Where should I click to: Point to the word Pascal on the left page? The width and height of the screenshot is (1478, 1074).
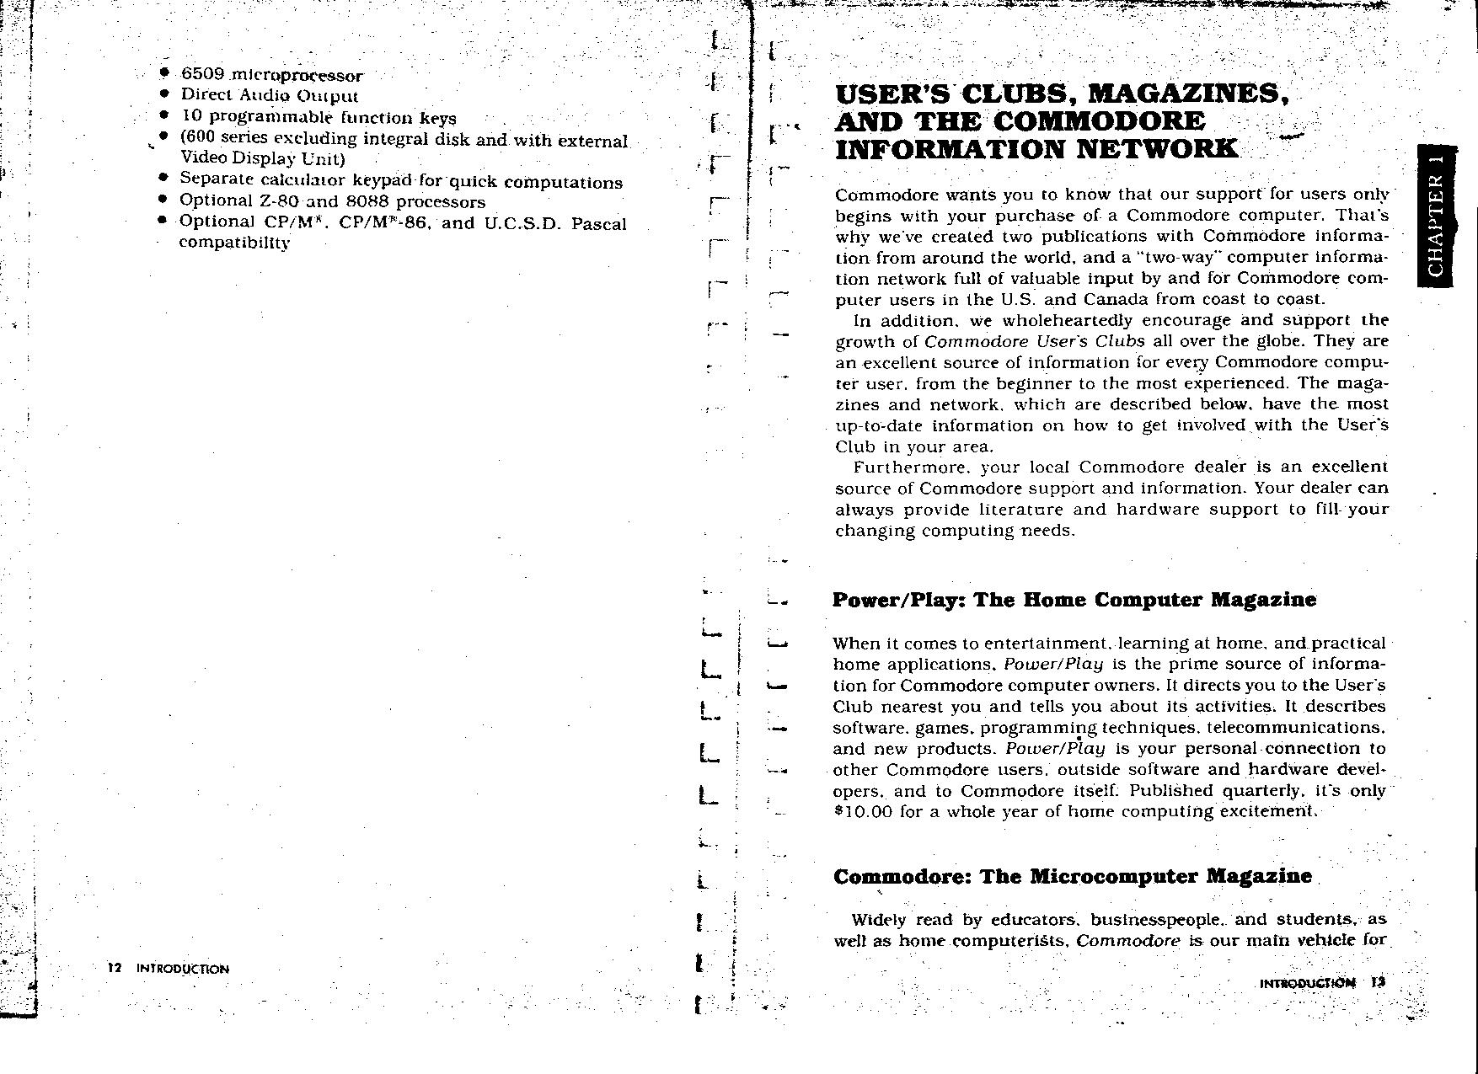[x=598, y=224]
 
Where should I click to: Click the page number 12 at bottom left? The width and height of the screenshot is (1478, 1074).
[x=115, y=969]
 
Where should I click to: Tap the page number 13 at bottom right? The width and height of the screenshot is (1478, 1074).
[x=1378, y=982]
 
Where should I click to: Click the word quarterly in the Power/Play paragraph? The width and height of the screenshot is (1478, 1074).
[x=1260, y=791]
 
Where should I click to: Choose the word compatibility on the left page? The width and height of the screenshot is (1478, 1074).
[x=235, y=243]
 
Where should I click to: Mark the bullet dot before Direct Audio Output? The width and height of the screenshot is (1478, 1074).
[x=165, y=94]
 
